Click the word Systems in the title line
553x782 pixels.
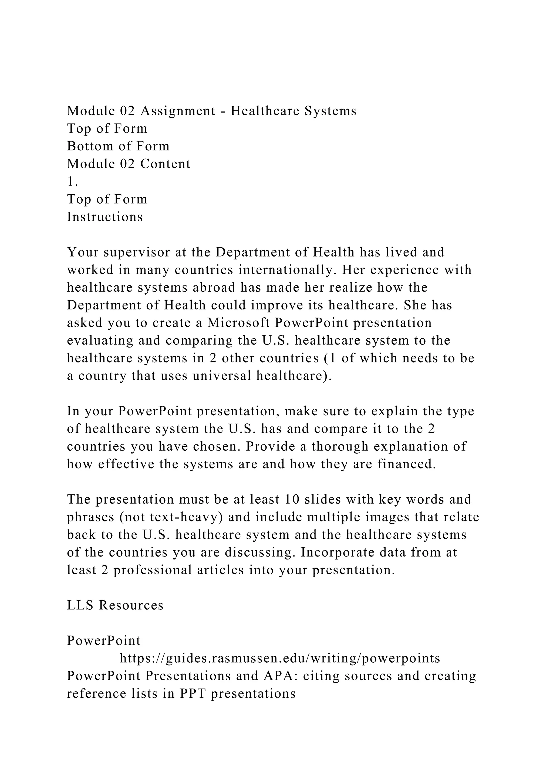[x=330, y=111]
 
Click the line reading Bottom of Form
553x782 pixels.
[x=118, y=146]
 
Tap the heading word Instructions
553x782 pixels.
[x=105, y=217]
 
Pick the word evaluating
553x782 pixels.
[x=100, y=341]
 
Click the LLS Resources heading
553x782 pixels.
[x=115, y=606]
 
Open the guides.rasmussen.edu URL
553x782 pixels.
[x=280, y=659]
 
